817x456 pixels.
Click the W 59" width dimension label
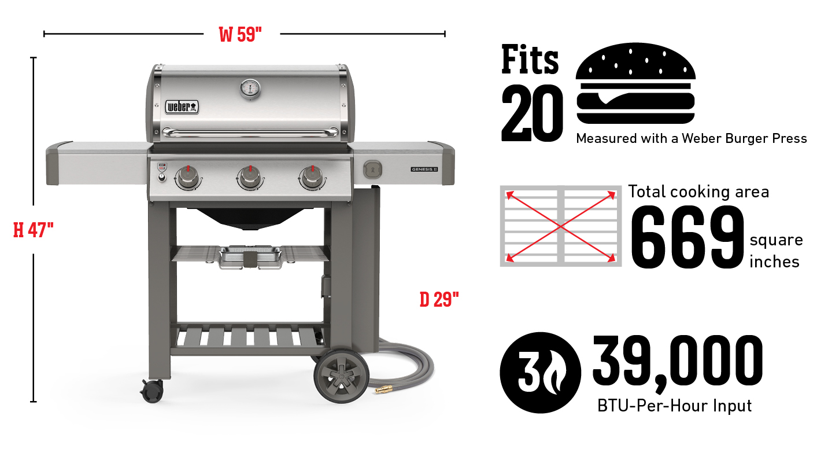(241, 35)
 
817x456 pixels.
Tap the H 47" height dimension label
(34, 230)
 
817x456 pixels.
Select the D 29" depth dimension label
(439, 299)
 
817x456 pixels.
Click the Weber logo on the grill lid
(182, 106)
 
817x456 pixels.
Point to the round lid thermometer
(250, 89)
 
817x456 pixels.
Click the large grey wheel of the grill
(341, 376)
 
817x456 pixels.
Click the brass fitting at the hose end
(382, 391)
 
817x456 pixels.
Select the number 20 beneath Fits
(531, 114)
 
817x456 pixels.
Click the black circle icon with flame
(540, 372)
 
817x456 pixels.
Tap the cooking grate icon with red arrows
(561, 226)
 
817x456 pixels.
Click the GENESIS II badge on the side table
(425, 170)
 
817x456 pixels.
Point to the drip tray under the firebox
(250, 257)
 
